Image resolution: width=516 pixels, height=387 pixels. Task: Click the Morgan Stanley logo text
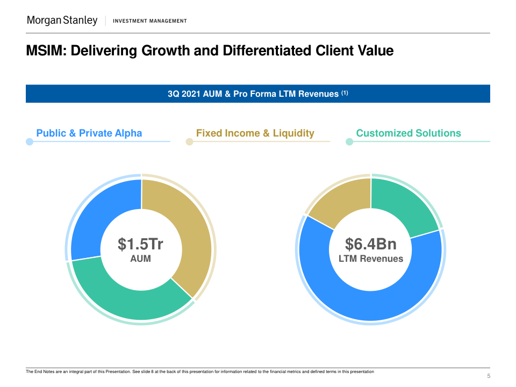(x=62, y=20)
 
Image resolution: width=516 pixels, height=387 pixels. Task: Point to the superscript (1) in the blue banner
(x=344, y=93)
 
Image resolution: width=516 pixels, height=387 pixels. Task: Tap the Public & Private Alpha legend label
(x=89, y=133)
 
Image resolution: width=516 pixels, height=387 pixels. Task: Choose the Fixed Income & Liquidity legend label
(x=255, y=133)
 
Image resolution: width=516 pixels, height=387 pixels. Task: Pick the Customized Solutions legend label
(x=408, y=133)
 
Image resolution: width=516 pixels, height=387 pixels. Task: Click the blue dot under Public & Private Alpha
(x=30, y=142)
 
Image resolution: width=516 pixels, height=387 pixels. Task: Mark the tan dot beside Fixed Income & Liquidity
(x=189, y=142)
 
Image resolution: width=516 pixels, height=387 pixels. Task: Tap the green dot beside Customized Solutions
(x=349, y=142)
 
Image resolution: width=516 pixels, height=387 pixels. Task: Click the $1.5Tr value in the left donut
(x=141, y=245)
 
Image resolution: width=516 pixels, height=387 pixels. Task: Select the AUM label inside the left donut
(x=141, y=259)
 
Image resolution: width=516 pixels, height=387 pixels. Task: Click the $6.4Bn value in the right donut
(x=371, y=245)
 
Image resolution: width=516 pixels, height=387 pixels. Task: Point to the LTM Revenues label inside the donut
(x=371, y=259)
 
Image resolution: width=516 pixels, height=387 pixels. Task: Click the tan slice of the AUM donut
(x=191, y=236)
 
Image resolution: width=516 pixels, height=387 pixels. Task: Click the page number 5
(x=489, y=376)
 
